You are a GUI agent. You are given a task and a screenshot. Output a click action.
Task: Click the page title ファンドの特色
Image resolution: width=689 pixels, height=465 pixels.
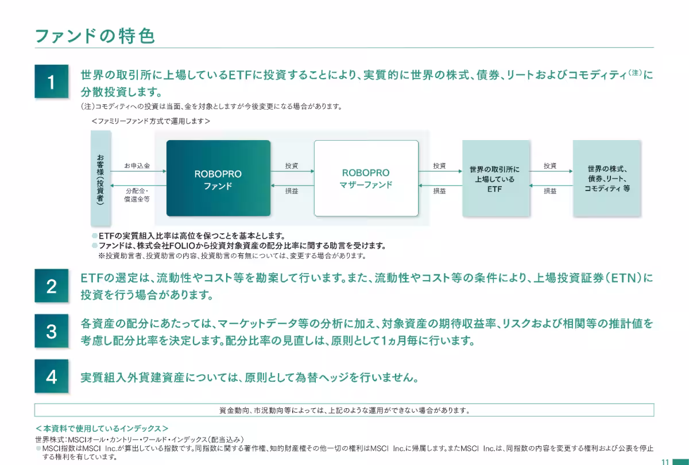pos(95,36)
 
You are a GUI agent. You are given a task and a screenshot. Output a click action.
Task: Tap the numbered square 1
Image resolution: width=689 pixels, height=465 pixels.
pos(51,82)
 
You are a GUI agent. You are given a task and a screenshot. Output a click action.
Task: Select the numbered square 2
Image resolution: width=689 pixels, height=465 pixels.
pos(51,286)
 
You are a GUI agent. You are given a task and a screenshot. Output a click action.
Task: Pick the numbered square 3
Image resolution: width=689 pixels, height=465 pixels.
pos(51,331)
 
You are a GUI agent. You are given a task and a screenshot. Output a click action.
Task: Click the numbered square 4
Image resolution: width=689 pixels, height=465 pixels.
pos(51,376)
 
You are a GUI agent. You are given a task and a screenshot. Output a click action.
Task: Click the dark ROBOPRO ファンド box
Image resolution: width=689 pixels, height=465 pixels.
pos(218,179)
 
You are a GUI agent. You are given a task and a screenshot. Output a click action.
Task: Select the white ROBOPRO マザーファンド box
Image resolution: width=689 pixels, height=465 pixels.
pos(366,179)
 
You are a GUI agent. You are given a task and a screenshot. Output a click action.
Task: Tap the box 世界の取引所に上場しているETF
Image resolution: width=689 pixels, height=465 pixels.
pos(496,179)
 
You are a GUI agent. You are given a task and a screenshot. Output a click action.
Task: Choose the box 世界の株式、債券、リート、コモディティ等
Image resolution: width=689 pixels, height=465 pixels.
pos(607,179)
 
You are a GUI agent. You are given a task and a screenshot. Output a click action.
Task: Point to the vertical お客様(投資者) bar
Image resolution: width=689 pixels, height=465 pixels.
pos(100,179)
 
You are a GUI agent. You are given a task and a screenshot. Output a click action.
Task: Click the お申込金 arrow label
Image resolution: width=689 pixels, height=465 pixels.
pos(137,166)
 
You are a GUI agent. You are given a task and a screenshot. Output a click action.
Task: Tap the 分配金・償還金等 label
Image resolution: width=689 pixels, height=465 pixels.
pos(137,195)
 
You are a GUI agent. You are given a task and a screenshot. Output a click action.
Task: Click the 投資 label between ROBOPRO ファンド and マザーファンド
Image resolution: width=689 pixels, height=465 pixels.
pos(292,166)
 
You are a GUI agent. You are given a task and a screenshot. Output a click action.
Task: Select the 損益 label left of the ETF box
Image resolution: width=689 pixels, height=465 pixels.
pos(440,191)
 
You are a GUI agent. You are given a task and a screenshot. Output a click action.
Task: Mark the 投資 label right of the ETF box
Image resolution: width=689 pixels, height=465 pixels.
pos(550,166)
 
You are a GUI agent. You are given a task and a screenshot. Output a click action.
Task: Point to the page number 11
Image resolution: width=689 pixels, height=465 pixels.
pos(665,462)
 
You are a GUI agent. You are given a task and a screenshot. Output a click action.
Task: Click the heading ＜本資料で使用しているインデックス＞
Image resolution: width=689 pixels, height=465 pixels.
pos(102,428)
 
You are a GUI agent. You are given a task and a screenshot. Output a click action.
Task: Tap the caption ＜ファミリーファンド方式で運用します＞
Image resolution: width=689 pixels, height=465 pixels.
pos(150,121)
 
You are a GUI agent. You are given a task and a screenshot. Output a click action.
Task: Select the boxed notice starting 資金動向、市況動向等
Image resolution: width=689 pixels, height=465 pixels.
pos(344,410)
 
